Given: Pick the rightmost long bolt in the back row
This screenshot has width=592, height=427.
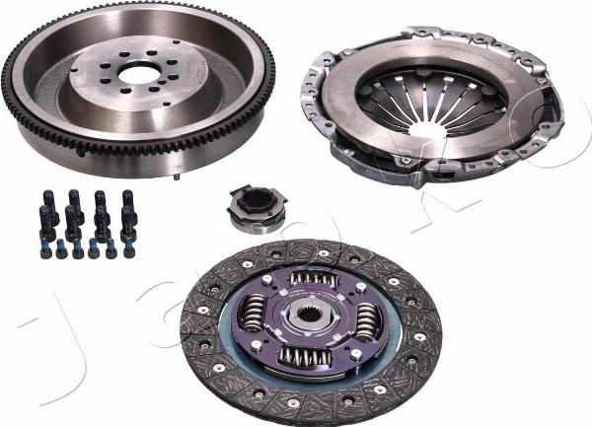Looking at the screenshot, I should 127,202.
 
